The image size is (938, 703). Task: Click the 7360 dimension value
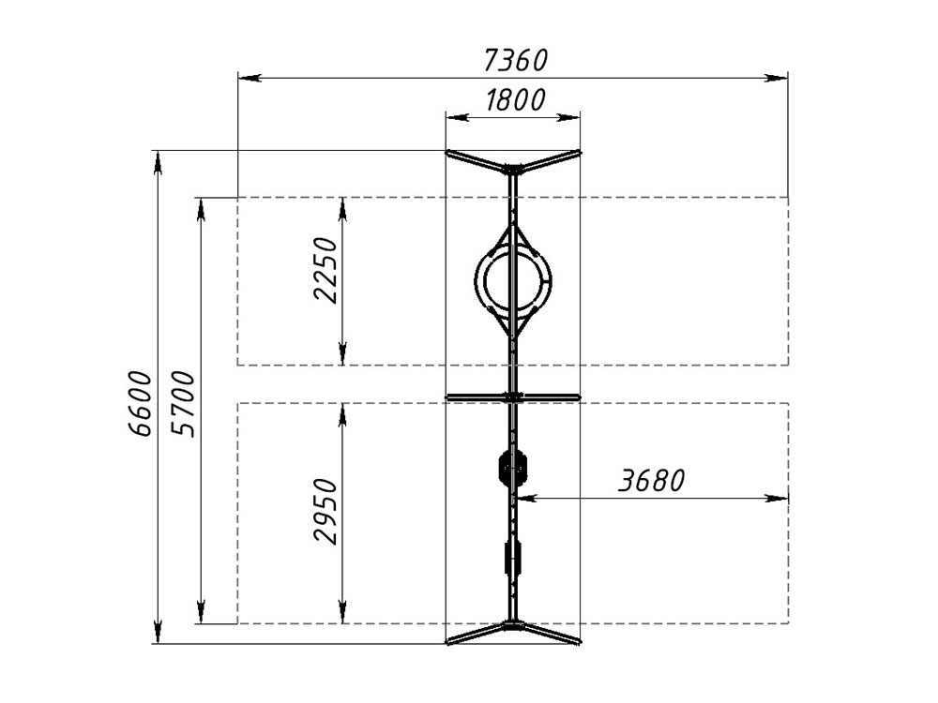[x=515, y=60]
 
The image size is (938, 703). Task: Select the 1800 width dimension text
[x=514, y=100]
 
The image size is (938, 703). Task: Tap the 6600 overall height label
[x=141, y=403]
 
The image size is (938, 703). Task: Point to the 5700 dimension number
[x=183, y=403]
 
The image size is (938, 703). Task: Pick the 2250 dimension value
[x=325, y=270]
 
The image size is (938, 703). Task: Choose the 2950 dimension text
[x=325, y=511]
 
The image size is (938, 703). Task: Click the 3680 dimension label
[x=652, y=480]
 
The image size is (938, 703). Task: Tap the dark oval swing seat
[x=513, y=468]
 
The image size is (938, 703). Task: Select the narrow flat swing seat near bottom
[x=513, y=557]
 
